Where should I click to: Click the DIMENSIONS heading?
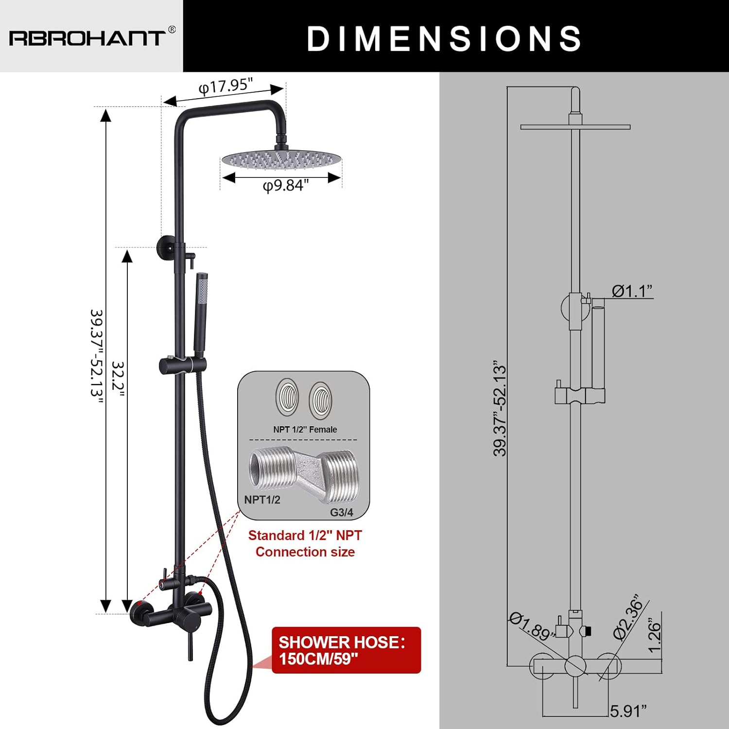point(444,38)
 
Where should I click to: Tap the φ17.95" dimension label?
point(226,86)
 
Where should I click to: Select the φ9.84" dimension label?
point(286,186)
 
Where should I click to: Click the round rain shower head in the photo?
point(281,159)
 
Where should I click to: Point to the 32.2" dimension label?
point(118,379)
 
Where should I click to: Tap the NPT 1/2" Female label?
point(305,430)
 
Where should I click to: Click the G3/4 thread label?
point(342,512)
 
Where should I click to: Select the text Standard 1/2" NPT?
point(305,536)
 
